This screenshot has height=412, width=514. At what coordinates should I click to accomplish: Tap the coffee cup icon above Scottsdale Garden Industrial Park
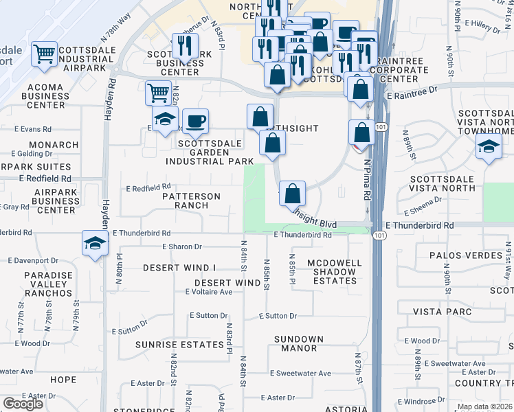point(196,122)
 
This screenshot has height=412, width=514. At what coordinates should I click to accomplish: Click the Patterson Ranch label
point(191,201)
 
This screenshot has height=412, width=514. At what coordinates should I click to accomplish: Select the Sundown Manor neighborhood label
point(298,344)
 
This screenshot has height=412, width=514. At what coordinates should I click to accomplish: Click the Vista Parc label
point(443,312)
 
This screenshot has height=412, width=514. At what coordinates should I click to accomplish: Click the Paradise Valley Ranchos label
point(38,284)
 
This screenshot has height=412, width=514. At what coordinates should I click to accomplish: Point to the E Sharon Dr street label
point(182,247)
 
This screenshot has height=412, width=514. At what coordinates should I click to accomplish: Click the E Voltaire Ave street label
point(209,292)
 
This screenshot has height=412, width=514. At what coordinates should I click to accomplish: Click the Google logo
point(23,404)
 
